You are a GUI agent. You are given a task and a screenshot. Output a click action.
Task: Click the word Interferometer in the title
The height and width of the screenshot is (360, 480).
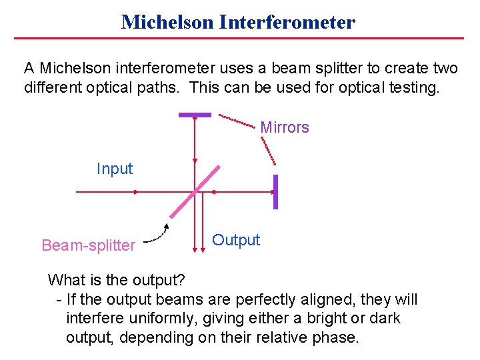(x=289, y=22)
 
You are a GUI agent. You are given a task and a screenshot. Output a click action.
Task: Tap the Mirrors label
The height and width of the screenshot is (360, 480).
(x=285, y=127)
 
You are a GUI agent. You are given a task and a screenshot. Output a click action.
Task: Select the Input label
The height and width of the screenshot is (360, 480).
(x=115, y=169)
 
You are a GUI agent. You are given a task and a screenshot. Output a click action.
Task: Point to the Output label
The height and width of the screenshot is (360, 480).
(x=236, y=240)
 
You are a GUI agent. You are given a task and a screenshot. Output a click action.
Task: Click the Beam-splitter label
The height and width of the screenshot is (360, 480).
(x=88, y=245)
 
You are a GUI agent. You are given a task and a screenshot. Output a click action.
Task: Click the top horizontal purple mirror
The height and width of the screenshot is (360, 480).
(x=195, y=115)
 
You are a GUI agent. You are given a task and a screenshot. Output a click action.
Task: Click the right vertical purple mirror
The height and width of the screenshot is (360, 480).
(x=275, y=192)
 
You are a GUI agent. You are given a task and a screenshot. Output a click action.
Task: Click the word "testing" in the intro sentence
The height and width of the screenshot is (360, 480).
(x=414, y=87)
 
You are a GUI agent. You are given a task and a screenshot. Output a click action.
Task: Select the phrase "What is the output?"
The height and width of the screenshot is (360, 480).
(x=117, y=279)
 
